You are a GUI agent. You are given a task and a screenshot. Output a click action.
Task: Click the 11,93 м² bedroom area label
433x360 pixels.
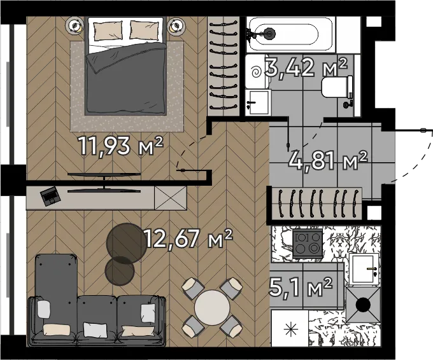121,146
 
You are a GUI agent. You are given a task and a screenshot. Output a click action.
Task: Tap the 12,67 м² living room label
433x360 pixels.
188,239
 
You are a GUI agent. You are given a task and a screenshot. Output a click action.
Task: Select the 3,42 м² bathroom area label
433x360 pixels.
306,67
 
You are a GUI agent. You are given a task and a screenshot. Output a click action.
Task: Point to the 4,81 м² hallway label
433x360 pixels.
328,160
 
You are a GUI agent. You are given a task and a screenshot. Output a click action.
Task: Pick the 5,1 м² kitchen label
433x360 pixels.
301,287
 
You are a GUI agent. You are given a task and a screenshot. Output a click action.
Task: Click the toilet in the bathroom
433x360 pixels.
337,87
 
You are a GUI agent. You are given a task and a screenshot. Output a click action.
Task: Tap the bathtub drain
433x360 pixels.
269,34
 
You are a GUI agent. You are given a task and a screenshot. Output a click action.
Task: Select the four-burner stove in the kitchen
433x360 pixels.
308,243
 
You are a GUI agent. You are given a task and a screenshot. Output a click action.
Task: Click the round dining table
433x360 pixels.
212,307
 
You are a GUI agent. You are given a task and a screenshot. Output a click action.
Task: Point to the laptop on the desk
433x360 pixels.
50,196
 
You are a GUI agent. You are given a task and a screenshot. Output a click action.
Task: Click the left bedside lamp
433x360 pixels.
75,25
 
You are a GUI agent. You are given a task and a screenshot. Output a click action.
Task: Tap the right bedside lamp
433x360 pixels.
175,26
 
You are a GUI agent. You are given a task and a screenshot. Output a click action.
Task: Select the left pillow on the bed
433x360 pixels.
108,31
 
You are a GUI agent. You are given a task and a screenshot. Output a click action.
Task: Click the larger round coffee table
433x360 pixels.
127,243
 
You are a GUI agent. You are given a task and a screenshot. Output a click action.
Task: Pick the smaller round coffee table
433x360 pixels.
120,271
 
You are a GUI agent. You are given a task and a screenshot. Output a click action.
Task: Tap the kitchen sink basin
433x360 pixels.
364,269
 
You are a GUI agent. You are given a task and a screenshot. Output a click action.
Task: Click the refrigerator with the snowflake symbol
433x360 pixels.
290,328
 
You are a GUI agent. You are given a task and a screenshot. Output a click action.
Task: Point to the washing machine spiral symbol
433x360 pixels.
256,73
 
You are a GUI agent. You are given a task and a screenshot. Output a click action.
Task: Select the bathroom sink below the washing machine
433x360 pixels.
257,102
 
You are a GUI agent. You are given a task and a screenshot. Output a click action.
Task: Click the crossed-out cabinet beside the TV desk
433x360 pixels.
171,198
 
